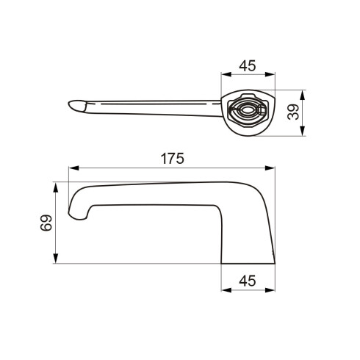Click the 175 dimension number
[172, 159]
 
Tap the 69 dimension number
[46, 223]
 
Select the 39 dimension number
[293, 112]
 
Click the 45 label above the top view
[248, 65]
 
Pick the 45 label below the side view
[248, 281]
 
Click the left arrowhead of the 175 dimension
[73, 168]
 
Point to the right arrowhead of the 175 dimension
[270, 168]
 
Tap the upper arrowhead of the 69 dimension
[56, 187]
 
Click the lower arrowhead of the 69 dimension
[56, 259]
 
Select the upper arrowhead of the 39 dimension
[303, 96]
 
